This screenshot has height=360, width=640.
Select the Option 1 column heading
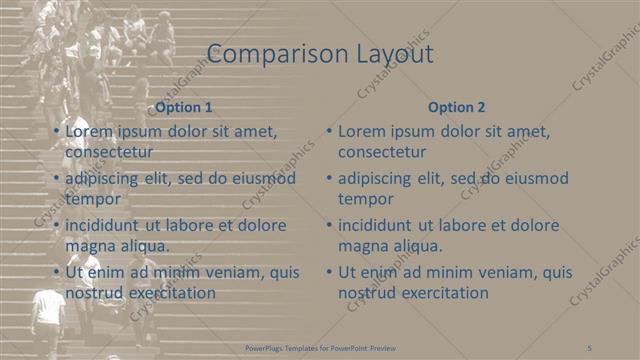184,107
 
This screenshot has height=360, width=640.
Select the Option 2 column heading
456,107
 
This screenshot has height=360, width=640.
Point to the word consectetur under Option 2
382,152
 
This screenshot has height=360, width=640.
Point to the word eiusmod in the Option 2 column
537,178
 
